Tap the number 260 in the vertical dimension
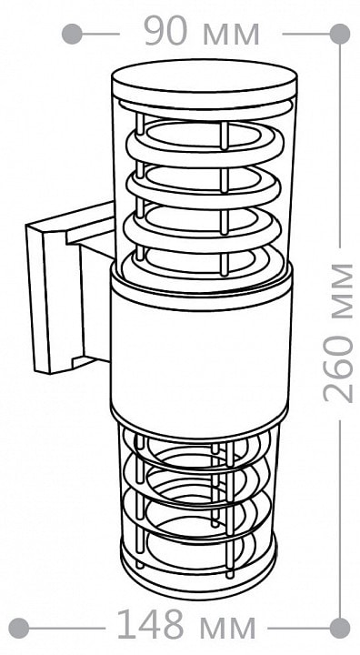[338, 368]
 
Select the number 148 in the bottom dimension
[150, 625]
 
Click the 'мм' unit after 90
[231, 35]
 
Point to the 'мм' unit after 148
[227, 629]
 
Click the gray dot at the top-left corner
[72, 34]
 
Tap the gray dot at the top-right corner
[339, 34]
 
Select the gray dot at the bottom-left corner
[19, 628]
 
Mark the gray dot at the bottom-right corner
[339, 628]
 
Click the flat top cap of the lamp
[205, 82]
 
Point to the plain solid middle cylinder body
[201, 355]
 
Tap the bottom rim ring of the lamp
[198, 572]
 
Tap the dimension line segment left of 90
[101, 34]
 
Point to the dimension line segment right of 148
[299, 628]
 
